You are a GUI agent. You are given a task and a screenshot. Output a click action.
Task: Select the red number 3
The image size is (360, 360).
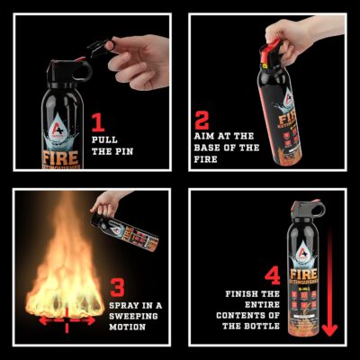pyautogui.click(x=118, y=288)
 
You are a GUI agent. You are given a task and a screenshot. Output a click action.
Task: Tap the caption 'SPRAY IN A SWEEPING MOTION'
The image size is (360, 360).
pyautogui.click(x=136, y=317)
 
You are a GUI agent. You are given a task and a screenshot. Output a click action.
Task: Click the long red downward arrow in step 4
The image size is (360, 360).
pyautogui.click(x=329, y=288)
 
